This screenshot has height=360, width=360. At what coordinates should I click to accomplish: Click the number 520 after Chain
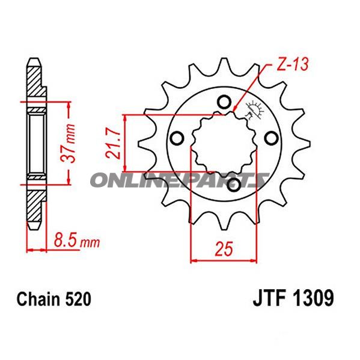[78, 299]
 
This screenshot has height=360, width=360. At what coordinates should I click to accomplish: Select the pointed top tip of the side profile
[34, 60]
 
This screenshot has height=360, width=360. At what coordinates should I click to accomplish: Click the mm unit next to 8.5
[90, 243]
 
